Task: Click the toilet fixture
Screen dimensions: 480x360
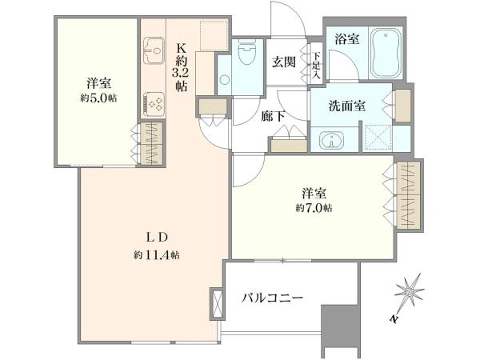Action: tap(246, 52)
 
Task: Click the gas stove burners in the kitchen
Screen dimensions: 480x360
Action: tap(154, 103)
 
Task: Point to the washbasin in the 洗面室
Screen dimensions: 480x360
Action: tap(331, 139)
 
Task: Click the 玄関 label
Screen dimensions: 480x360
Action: tap(284, 62)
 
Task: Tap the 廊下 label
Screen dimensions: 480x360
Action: tap(273, 116)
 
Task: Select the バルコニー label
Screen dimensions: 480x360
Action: tap(272, 297)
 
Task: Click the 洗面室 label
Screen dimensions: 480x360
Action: tap(347, 106)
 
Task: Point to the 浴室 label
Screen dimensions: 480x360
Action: tap(347, 39)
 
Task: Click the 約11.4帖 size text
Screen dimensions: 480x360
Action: tap(157, 254)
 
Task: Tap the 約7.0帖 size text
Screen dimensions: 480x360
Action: tap(314, 209)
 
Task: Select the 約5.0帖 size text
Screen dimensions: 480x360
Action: tap(98, 98)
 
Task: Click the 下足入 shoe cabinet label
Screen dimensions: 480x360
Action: tap(317, 66)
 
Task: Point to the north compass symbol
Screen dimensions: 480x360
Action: tap(409, 290)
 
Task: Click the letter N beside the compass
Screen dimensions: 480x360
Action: tap(394, 318)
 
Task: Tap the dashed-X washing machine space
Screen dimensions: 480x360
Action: tap(377, 138)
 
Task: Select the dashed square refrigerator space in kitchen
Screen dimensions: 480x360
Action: tap(214, 35)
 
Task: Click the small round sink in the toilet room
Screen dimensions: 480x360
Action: tap(225, 79)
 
